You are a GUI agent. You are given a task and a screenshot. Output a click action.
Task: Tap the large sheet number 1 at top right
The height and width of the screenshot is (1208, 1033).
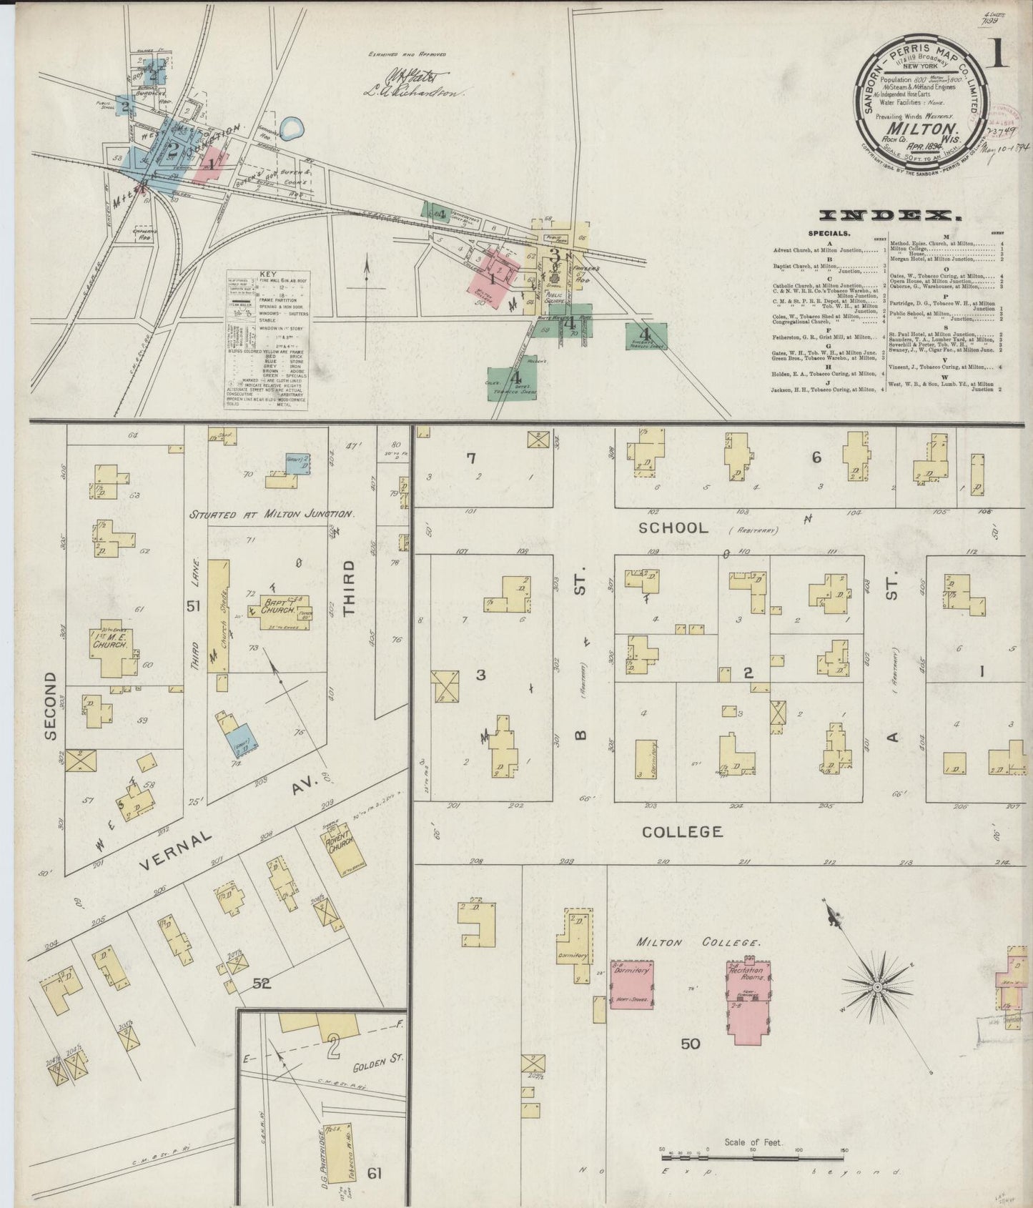(x=998, y=54)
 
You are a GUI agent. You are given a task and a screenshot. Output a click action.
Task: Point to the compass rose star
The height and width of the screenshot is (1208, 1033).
(x=876, y=987)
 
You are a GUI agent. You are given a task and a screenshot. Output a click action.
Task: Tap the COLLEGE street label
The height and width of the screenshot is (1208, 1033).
(x=682, y=831)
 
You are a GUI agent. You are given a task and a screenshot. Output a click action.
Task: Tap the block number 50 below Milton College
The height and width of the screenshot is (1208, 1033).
(x=690, y=1044)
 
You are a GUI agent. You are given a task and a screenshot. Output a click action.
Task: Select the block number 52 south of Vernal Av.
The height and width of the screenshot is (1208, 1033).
(x=262, y=984)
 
